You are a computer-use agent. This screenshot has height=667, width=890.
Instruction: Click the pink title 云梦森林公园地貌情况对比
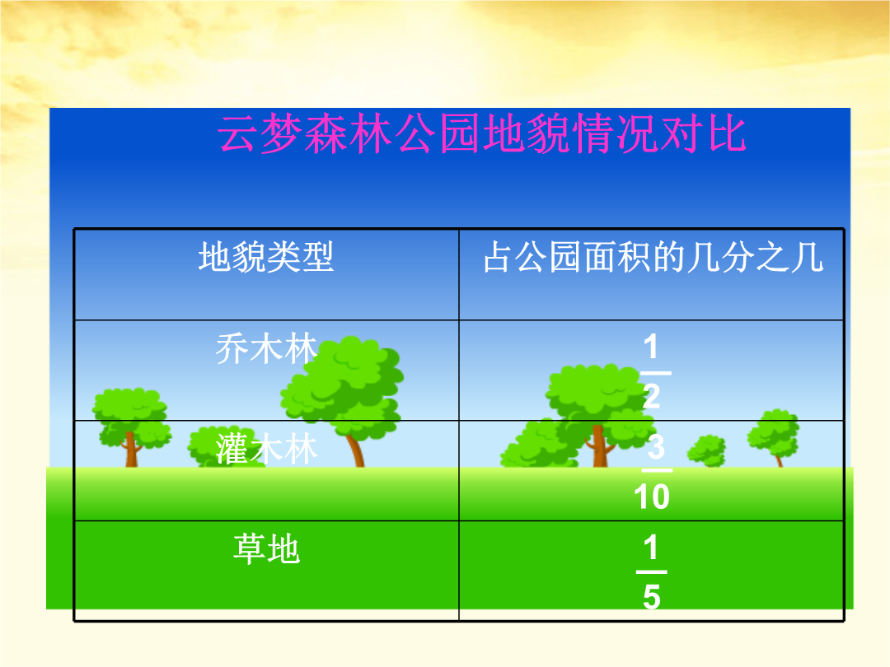[x=482, y=134]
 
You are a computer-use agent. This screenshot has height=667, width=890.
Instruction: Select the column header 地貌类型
[x=266, y=256]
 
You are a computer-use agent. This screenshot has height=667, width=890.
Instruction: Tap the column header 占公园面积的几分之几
[x=653, y=256]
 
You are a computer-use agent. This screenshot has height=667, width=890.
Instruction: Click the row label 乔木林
[x=266, y=347]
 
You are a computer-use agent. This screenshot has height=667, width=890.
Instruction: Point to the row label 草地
[x=266, y=548]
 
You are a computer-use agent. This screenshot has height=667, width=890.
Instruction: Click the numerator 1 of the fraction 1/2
[x=651, y=346]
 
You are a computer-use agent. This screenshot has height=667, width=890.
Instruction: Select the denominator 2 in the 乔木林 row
[x=652, y=395]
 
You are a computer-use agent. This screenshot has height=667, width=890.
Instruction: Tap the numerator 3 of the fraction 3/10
[x=656, y=446]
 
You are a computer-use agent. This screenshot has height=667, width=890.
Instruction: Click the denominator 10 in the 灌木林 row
[x=652, y=497]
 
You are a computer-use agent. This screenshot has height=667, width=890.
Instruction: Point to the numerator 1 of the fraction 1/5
[x=651, y=547]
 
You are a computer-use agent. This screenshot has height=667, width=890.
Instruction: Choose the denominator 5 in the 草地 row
[x=652, y=597]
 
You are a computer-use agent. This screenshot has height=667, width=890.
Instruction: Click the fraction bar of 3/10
[x=657, y=470]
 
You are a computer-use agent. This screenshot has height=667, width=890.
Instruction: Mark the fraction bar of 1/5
[x=651, y=571]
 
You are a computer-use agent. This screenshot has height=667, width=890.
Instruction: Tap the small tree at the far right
[x=773, y=436]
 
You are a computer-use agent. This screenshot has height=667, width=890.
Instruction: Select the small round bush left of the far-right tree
[x=707, y=450]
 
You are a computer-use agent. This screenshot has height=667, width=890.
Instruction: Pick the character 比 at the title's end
[x=727, y=134]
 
